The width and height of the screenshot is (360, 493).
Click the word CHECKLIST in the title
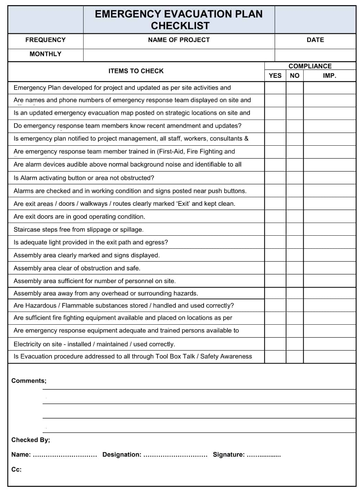180,26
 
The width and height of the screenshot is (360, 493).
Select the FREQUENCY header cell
45,40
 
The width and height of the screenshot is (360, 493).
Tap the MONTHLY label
45,54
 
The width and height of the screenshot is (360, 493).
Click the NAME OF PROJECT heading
179,40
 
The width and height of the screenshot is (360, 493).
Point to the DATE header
315,40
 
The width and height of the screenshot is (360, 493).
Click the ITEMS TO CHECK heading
136,71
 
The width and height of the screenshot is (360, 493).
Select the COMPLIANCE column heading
310,66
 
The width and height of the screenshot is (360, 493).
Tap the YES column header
275,76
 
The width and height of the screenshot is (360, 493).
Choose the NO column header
295,76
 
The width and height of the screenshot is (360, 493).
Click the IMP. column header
329,76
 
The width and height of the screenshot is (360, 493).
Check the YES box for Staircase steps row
275,229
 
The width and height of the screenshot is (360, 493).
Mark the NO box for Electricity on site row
295,344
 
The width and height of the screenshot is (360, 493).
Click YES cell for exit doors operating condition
275,216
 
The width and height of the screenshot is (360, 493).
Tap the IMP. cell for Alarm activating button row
329,178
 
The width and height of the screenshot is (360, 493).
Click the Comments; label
29,381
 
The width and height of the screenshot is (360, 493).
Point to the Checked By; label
31,440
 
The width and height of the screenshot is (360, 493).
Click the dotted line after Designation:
175,455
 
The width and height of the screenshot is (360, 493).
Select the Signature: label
229,455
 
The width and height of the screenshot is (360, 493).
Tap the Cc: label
17,469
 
